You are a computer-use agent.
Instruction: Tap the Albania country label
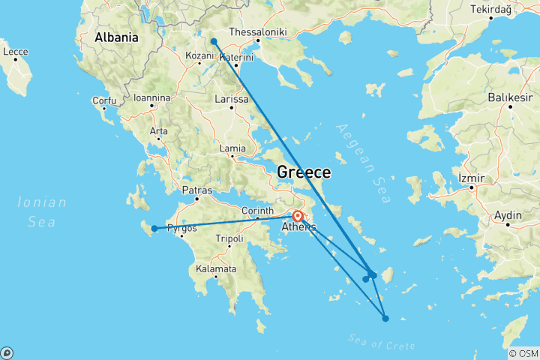tap(116, 37)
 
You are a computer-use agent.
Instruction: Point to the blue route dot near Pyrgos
tap(154, 229)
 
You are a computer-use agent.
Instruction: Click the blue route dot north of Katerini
tap(214, 41)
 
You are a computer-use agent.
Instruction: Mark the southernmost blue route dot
tap(385, 319)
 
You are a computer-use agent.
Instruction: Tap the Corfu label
tap(103, 100)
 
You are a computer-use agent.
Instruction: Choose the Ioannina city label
tap(152, 97)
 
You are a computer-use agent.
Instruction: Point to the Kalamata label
tap(215, 268)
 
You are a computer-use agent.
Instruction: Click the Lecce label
tap(15, 52)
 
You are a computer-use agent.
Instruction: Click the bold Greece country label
tap(304, 172)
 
